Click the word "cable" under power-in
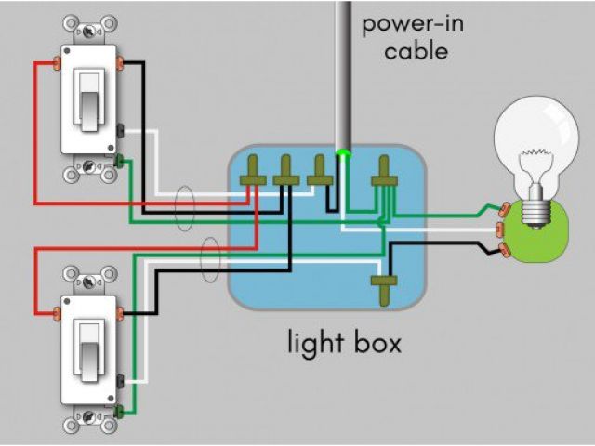(416, 50)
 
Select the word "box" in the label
(375, 343)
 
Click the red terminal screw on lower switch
(56, 312)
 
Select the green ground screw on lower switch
(120, 410)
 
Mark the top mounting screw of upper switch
(89, 28)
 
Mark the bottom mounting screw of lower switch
(89, 426)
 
